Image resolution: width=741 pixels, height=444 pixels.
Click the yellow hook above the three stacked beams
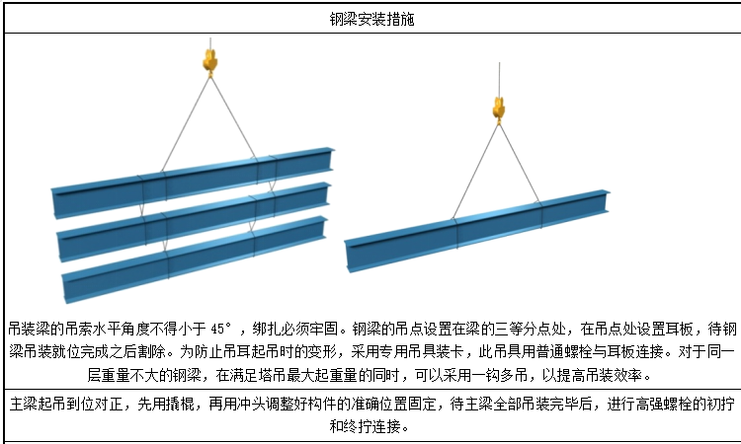[209, 62]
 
